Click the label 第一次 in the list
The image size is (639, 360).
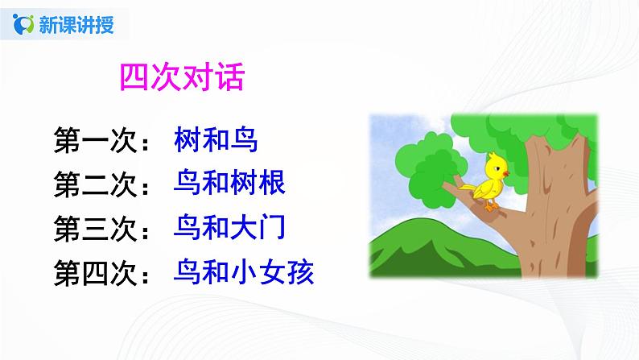click(98, 141)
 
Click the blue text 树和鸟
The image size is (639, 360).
click(215, 141)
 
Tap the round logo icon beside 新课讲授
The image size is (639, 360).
click(25, 24)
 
